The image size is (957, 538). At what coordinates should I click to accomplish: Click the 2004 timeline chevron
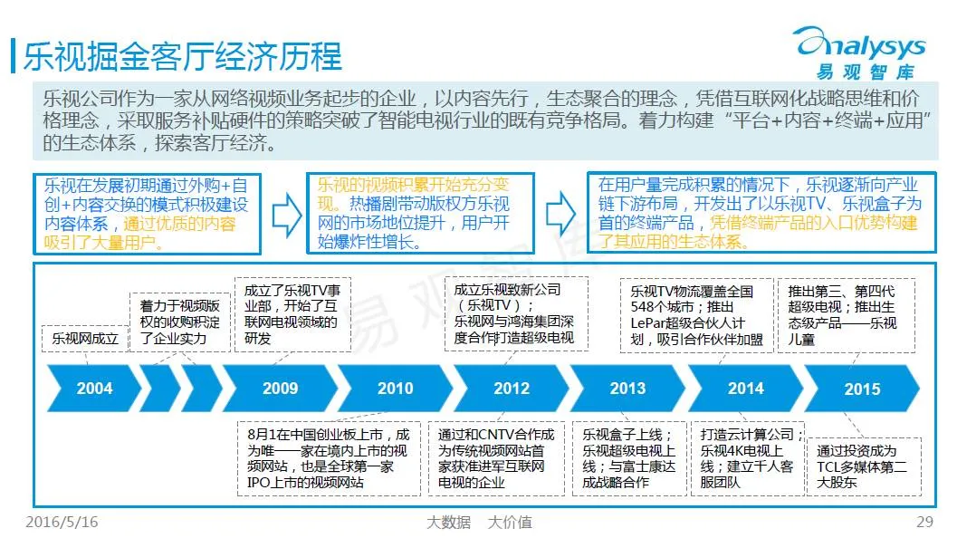coord(94,389)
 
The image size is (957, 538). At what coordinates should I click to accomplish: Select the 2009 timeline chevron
coord(280,389)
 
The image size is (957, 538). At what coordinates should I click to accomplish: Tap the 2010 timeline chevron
coord(395,389)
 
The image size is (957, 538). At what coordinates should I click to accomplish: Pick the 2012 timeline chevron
coord(512,389)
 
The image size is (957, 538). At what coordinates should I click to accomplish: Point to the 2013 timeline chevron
coord(627,389)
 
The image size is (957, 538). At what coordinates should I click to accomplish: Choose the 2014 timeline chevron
coord(745,389)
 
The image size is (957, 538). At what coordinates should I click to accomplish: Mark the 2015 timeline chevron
coord(861,389)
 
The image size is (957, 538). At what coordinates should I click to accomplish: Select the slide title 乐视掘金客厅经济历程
coord(182,55)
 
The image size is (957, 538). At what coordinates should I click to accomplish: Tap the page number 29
coord(924,522)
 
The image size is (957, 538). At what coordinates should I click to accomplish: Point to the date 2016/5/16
coord(62,522)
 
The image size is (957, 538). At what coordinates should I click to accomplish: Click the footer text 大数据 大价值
coord(479,522)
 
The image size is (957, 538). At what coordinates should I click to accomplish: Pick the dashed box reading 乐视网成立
coord(86,339)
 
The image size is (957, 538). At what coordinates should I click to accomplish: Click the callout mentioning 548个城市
coord(691,315)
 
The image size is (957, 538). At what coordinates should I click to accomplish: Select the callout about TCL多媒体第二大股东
coord(862,466)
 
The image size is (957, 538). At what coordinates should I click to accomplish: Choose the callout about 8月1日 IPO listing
coord(328,457)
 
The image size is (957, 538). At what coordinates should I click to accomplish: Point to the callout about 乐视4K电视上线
coord(747,457)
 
